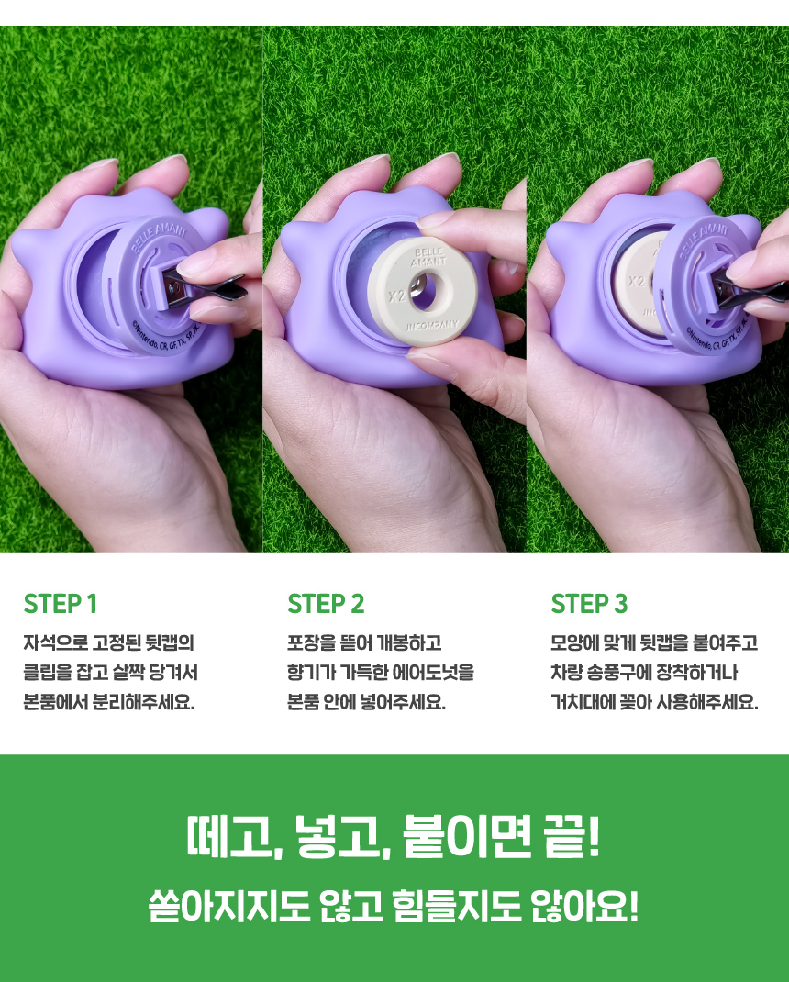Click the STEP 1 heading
coord(61,604)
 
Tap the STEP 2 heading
coord(326,604)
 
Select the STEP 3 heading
coord(589,604)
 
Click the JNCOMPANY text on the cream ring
coord(432,326)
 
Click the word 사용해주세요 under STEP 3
coord(707,702)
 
